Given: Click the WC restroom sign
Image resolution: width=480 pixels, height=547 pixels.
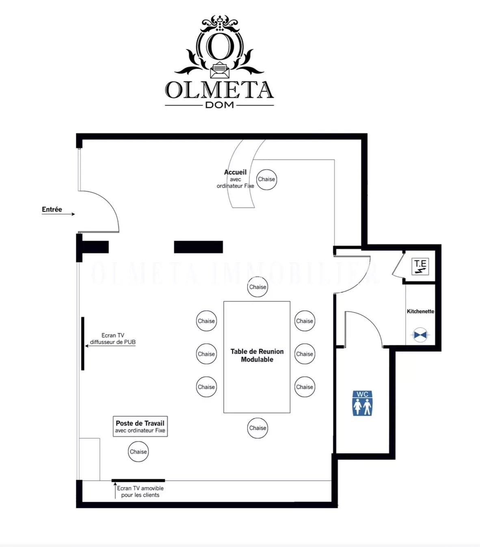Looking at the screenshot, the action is tap(362, 403).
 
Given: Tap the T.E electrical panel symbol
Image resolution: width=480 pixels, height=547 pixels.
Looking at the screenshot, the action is tap(420, 267).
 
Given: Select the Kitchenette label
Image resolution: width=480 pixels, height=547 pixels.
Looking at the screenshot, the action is tap(420, 311).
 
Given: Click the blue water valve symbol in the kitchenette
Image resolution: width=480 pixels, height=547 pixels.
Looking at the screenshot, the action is tap(420, 335).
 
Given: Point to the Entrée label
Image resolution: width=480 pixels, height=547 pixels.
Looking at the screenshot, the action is tap(52, 209).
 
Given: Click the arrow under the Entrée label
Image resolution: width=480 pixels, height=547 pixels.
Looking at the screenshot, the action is tap(58, 214).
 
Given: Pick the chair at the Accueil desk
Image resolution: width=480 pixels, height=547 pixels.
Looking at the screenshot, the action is tap(266, 179).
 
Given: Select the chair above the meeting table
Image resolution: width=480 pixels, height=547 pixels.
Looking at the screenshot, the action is tap(257, 287).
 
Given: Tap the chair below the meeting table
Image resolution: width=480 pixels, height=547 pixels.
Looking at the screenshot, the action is tap(257, 428).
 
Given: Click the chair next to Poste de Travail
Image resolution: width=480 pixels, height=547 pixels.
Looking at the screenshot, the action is tap(138, 452).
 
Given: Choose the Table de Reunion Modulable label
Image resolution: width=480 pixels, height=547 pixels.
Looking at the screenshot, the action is tap(257, 355).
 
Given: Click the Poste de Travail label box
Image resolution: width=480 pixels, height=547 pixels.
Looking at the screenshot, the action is tap(140, 426).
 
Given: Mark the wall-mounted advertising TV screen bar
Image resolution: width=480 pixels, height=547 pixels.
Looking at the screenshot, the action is tap(83, 343).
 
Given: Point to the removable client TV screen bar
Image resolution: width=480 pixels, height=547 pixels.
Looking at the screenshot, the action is tap(138, 480).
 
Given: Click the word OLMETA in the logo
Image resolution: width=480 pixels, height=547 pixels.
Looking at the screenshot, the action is tap(219, 90).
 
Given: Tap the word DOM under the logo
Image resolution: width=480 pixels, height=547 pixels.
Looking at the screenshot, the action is tap(219, 105).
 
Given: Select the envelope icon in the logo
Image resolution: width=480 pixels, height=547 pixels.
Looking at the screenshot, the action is tap(220, 70).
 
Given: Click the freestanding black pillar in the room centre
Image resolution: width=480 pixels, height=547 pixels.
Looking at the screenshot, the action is tap(199, 247).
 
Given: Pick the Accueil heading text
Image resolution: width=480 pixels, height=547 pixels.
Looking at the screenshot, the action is tap(235, 172).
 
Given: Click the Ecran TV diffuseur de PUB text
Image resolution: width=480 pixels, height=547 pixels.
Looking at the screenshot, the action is tap(113, 338).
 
